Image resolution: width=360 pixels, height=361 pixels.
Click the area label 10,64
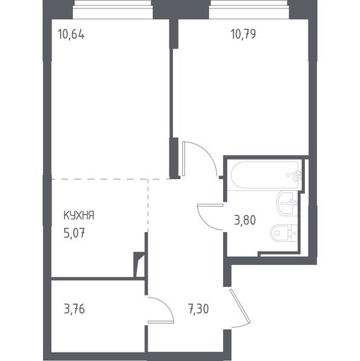pos(71,35)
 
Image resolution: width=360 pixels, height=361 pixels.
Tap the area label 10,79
pos(244,34)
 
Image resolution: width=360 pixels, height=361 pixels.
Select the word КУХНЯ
pos(79,216)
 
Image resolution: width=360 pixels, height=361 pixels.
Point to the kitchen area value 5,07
pos(74,233)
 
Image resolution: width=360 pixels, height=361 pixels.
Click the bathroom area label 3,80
pos(245,221)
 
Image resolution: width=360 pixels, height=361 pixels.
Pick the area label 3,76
pos(74,309)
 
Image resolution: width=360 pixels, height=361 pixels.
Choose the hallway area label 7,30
pos(198,309)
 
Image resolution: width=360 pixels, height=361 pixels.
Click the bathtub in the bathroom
pos(265,174)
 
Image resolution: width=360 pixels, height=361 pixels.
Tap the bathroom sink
pos(287,203)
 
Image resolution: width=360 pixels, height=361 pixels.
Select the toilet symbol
pos(284,233)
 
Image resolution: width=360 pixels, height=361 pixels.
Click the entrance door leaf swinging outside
pos(240,306)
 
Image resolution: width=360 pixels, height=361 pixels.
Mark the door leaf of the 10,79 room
pos(184,159)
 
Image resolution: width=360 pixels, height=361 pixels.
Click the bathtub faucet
pos(296,176)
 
